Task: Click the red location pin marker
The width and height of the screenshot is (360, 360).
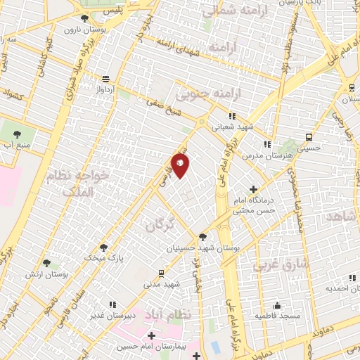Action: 181,165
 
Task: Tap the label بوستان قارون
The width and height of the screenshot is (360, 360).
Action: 83,30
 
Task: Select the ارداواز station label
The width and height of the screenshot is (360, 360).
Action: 105,90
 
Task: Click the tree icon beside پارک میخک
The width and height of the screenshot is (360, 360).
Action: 104,247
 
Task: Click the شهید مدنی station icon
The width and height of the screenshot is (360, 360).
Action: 161,273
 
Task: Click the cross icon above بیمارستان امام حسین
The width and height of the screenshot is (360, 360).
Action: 151,335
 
